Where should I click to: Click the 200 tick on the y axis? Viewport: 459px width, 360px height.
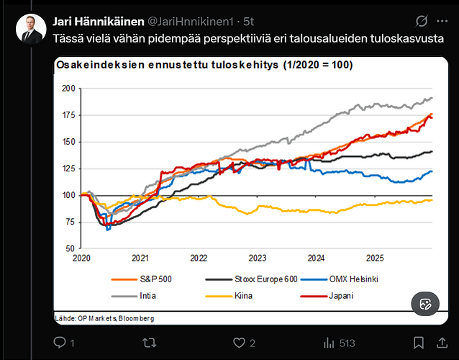[68, 89]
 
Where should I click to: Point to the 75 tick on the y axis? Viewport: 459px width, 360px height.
[71, 222]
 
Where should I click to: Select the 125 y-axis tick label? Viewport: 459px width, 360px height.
[68, 168]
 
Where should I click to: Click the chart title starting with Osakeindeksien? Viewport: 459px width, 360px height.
[203, 66]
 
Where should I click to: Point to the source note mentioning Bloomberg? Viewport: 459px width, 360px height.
[104, 318]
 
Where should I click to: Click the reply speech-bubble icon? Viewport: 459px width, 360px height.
[60, 343]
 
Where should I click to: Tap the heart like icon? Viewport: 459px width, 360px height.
[237, 343]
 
